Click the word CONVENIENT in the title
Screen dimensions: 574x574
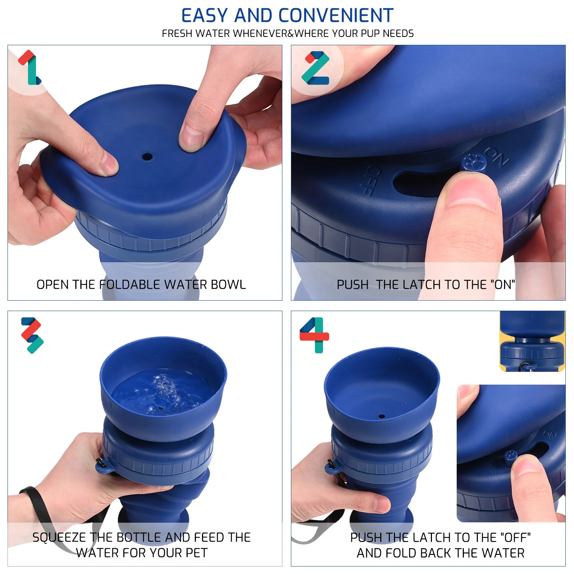tap(336, 16)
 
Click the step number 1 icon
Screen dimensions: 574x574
tap(30, 67)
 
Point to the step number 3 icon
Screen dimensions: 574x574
tap(32, 335)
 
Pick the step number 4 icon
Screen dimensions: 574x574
tap(315, 335)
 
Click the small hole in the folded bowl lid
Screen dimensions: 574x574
tap(147, 157)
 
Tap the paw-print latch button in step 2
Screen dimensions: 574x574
tap(474, 163)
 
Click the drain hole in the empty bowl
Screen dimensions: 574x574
tap(382, 417)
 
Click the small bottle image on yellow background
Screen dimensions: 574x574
tap(532, 341)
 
